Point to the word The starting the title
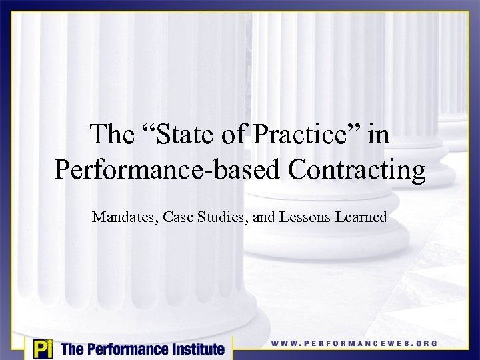click(111, 135)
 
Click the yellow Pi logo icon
click(41, 348)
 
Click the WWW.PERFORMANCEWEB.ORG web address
click(354, 343)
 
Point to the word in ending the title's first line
click(378, 135)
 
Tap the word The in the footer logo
click(72, 348)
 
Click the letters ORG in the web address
click(423, 343)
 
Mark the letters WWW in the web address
click(283, 343)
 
